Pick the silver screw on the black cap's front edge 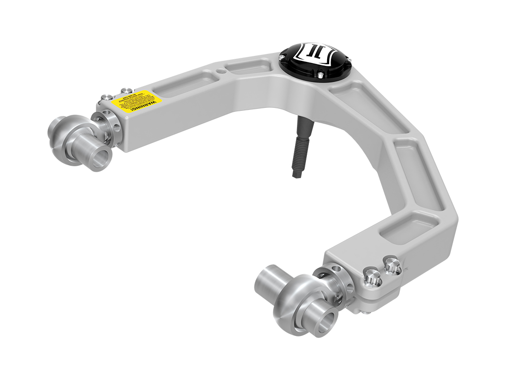click(320, 75)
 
